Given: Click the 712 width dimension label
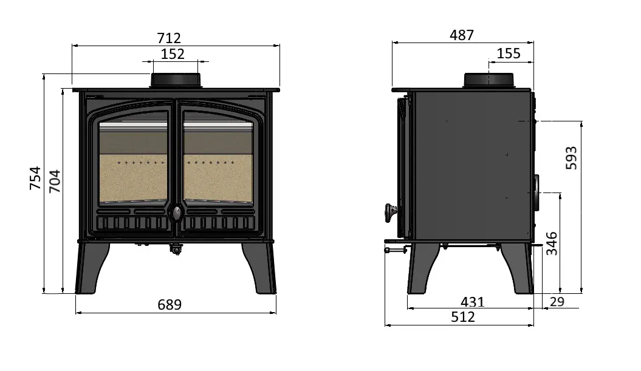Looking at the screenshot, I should pyautogui.click(x=170, y=39).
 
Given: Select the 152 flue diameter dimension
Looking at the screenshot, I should pyautogui.click(x=173, y=54).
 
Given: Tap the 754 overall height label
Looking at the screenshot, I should pyautogui.click(x=35, y=178).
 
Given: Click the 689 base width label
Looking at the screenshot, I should pyautogui.click(x=170, y=305).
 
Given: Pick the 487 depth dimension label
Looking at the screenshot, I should pyautogui.click(x=461, y=35).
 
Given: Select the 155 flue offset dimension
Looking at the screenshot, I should pyautogui.click(x=509, y=53).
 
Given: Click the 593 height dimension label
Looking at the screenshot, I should pyautogui.click(x=571, y=158).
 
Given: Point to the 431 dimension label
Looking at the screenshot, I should pyautogui.click(x=473, y=302).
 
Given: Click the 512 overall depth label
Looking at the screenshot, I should pyautogui.click(x=463, y=316).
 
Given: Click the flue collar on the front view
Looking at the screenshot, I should pyautogui.click(x=176, y=80).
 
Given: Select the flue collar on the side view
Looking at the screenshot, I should pyautogui.click(x=490, y=80).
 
